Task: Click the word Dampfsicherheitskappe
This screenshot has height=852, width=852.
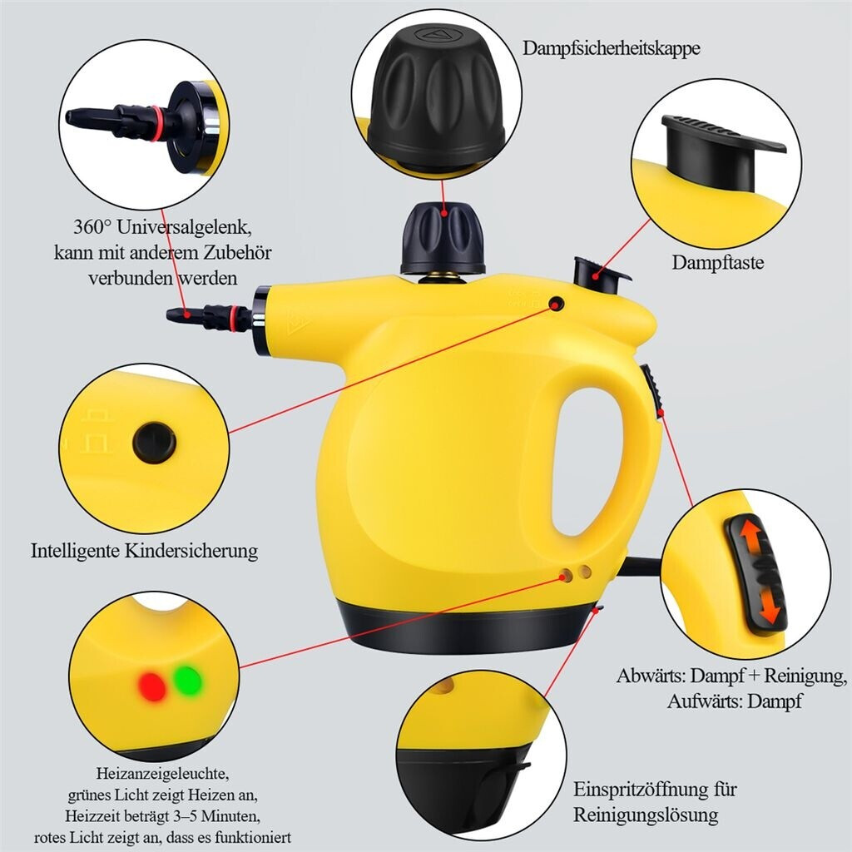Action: pos(612,48)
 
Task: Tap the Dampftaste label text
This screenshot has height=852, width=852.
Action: pos(718,262)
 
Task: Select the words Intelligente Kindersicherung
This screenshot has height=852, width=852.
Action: pos(145,551)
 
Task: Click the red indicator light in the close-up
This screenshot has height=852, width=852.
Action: pos(152,686)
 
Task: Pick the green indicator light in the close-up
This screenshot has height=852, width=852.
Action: pos(187,681)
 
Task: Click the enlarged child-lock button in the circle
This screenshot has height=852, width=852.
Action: pos(154,443)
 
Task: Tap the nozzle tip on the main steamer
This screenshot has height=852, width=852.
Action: pos(175,315)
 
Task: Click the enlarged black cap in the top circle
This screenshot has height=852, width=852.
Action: pos(436,95)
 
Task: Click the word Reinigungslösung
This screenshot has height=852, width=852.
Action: pos(646,815)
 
